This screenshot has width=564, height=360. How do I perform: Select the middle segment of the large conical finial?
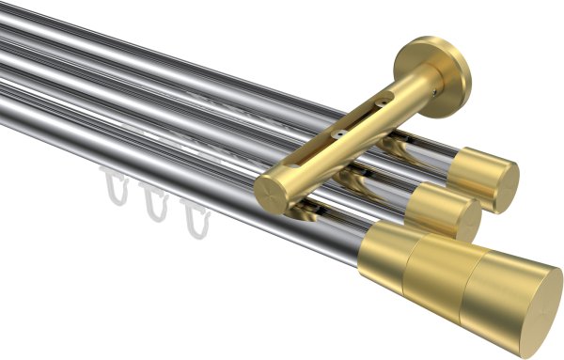438,273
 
